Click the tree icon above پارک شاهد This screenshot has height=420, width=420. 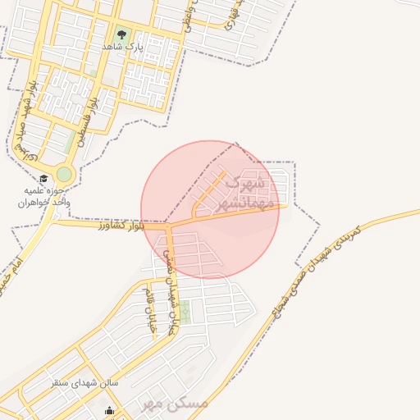click(122, 34)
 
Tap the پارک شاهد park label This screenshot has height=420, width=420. click(123, 47)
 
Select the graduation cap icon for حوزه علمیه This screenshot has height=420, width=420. click(43, 178)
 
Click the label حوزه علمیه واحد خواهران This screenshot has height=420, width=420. click(46, 196)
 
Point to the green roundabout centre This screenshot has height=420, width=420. click(64, 175)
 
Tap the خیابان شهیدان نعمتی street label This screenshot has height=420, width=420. click(170, 286)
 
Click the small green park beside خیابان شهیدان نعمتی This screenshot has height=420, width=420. click(185, 312)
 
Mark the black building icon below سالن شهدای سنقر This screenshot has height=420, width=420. click(110, 411)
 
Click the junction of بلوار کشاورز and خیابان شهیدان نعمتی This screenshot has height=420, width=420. click(167, 224)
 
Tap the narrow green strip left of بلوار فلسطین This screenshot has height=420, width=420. click(70, 144)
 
